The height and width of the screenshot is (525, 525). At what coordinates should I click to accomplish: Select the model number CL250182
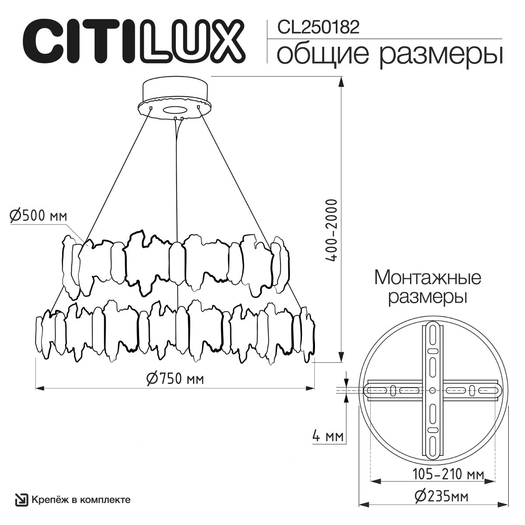pyautogui.click(x=319, y=28)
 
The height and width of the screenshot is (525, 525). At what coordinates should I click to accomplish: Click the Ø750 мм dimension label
pyautogui.click(x=175, y=378)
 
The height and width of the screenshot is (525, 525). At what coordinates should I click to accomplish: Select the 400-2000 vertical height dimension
pyautogui.click(x=332, y=231)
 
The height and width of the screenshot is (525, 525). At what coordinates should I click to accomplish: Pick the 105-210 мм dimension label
pyautogui.click(x=448, y=473)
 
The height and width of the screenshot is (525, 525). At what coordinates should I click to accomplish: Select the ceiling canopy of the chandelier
pyautogui.click(x=175, y=96)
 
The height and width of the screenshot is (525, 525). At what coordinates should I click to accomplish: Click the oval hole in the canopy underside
pyautogui.click(x=175, y=110)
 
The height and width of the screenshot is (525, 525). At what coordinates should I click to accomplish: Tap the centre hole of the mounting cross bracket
pyautogui.click(x=432, y=390)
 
